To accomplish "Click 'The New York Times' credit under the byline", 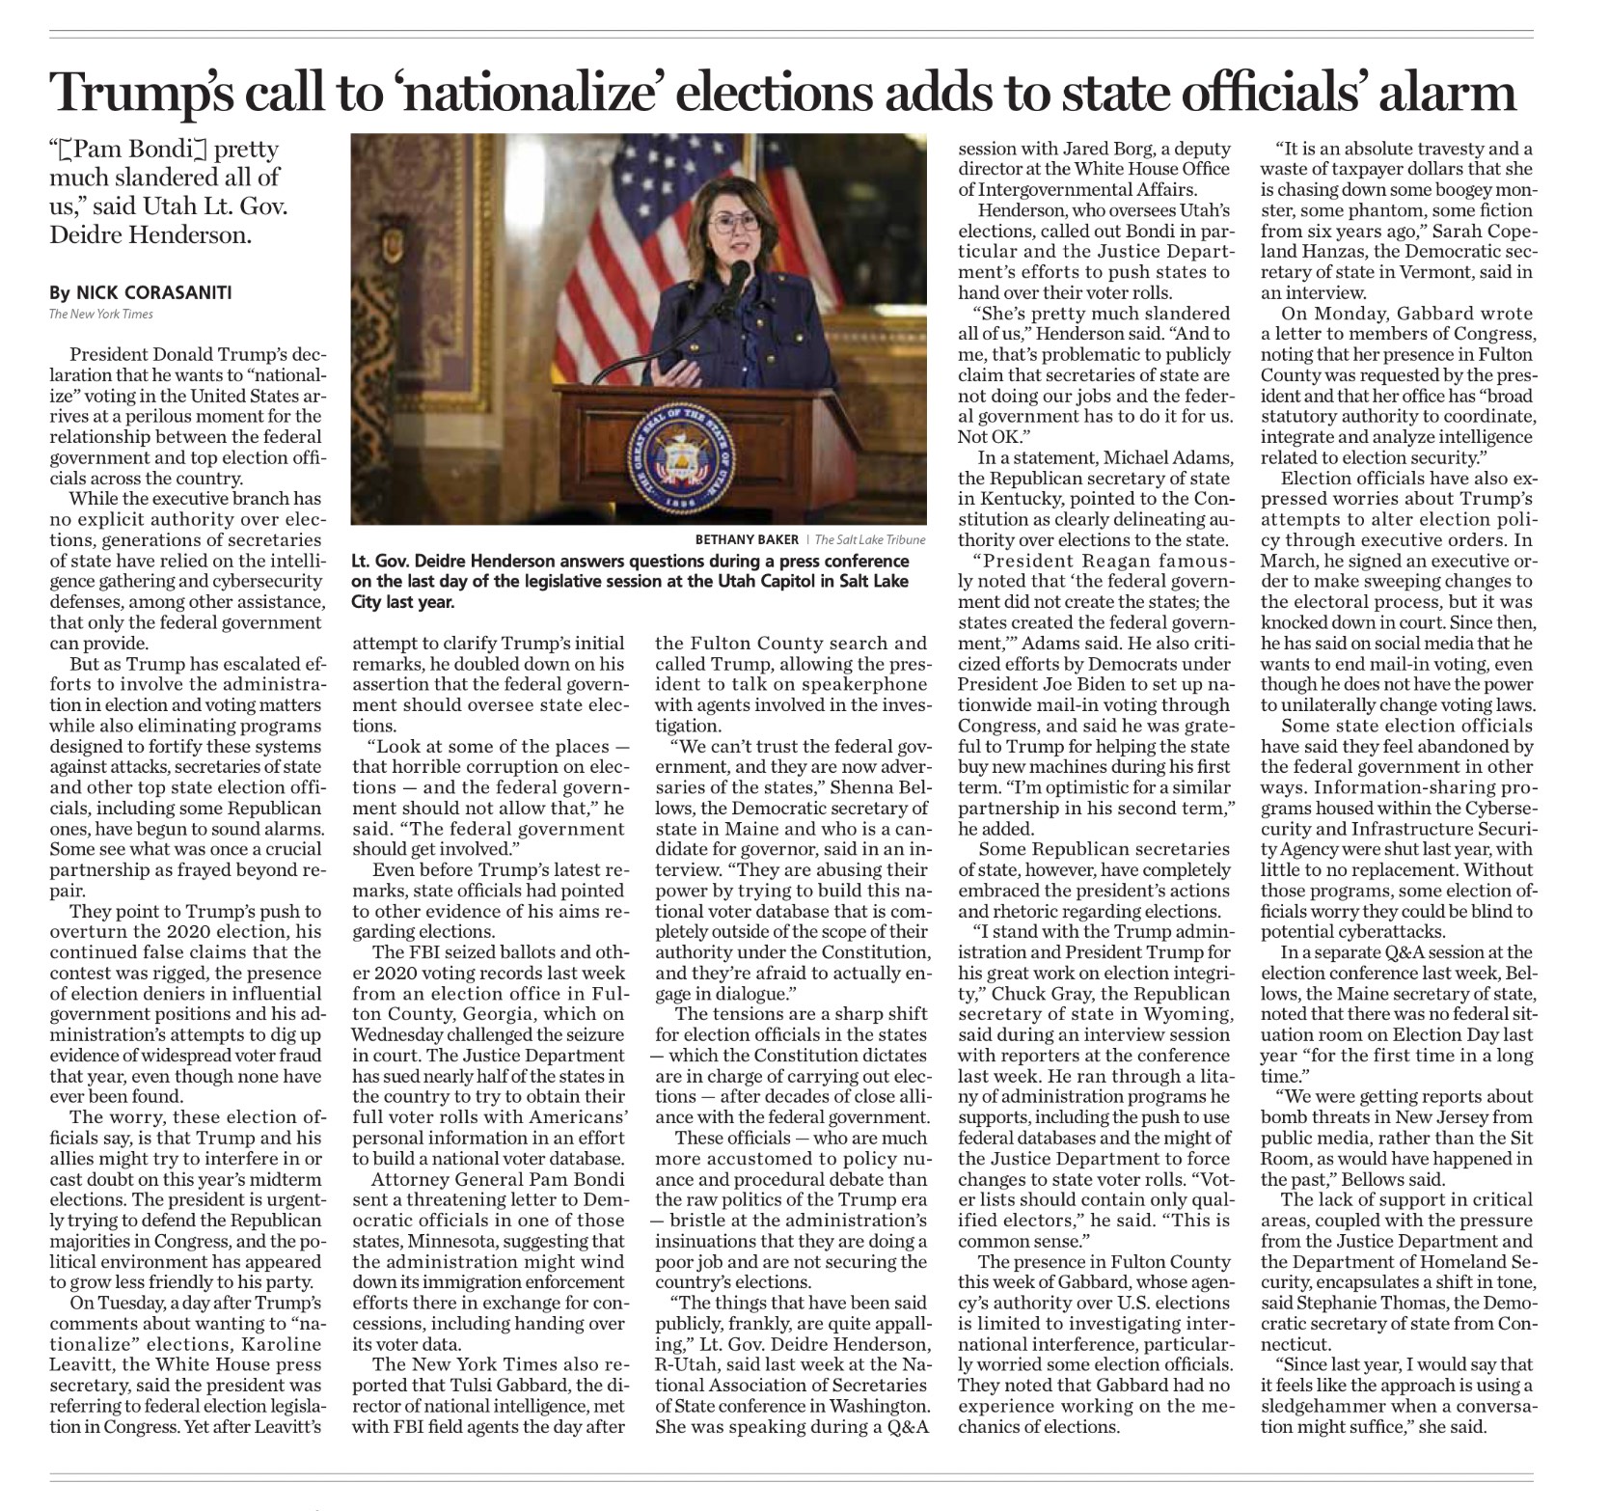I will tap(101, 314).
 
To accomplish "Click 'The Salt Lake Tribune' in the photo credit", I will tap(870, 539).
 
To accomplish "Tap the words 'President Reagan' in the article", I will tap(1060, 562).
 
